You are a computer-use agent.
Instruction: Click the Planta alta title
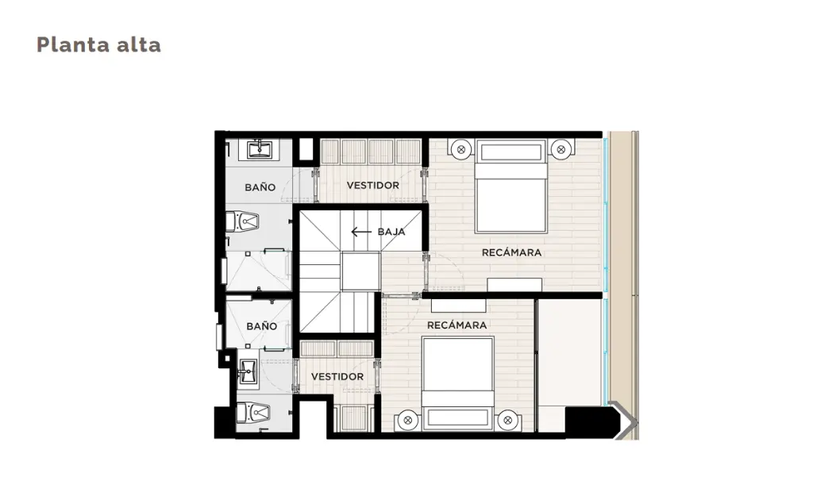pyautogui.click(x=98, y=45)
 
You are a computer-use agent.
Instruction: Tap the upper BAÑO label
pyautogui.click(x=260, y=187)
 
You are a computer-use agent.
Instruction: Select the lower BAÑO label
pyautogui.click(x=262, y=326)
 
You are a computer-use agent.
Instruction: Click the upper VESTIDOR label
pyautogui.click(x=373, y=185)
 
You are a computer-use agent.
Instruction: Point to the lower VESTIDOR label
pyautogui.click(x=337, y=377)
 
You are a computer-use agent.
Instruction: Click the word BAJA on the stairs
pyautogui.click(x=391, y=232)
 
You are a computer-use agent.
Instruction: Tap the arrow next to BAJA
pyautogui.click(x=361, y=232)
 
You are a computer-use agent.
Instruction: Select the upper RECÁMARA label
pyautogui.click(x=512, y=252)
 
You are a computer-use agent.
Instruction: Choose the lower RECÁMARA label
pyautogui.click(x=457, y=325)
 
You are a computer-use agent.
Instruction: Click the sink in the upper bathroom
pyautogui.click(x=259, y=149)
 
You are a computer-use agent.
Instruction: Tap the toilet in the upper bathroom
pyautogui.click(x=243, y=222)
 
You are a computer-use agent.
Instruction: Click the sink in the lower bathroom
pyautogui.click(x=249, y=371)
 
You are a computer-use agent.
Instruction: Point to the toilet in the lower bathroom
pyautogui.click(x=253, y=413)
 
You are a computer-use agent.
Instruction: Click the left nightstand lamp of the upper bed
pyautogui.click(x=461, y=150)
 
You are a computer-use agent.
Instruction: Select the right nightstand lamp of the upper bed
pyautogui.click(x=561, y=150)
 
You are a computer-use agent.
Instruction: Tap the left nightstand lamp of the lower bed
pyautogui.click(x=407, y=420)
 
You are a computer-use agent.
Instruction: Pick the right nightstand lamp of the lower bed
pyautogui.click(x=507, y=420)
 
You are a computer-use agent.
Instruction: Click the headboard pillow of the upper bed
pyautogui.click(x=511, y=152)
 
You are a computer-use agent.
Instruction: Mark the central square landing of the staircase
pyautogui.click(x=361, y=271)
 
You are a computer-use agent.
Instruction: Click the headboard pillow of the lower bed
pyautogui.click(x=457, y=417)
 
